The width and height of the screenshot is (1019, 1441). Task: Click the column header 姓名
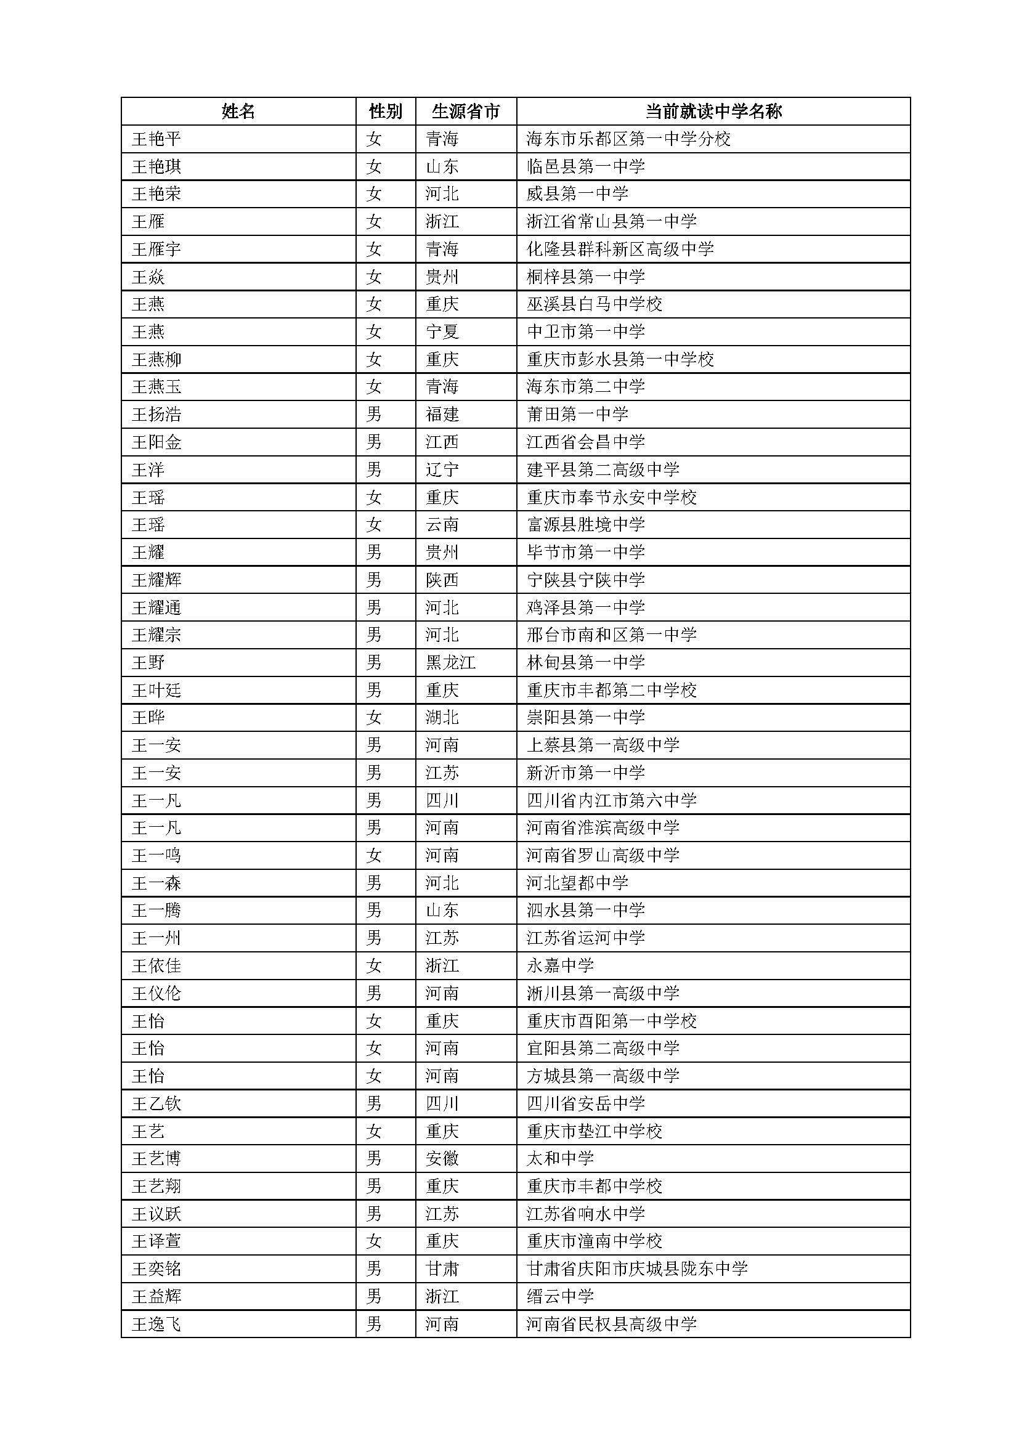[x=238, y=112]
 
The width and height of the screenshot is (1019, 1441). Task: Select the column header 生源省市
[x=466, y=112]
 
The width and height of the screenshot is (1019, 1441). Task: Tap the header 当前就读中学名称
[x=713, y=112]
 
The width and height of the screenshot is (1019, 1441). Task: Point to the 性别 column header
[x=385, y=112]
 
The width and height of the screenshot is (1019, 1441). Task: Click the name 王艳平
[x=156, y=139]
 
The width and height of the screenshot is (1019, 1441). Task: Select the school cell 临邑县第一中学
[x=585, y=166]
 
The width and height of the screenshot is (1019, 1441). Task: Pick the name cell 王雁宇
[x=156, y=249]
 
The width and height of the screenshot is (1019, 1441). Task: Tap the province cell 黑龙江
[x=450, y=663]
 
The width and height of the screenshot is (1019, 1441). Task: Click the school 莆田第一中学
[x=577, y=414]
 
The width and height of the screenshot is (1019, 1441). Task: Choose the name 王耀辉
[x=156, y=580]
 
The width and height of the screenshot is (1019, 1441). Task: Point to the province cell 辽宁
[x=442, y=469]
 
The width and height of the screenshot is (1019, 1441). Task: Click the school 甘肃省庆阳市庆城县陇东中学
[x=637, y=1269]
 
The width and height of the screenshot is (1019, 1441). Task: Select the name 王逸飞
[x=156, y=1325]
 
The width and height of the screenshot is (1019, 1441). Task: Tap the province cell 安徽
[x=442, y=1159]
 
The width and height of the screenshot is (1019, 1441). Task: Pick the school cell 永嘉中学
[x=559, y=965]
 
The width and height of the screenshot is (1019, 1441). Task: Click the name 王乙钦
[x=156, y=1103]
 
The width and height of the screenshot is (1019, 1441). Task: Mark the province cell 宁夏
[x=442, y=331]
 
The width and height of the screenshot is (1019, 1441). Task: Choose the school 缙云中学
[x=559, y=1297]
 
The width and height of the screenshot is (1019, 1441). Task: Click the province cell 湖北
[x=442, y=717]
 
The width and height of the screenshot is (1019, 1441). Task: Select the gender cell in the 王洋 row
[x=374, y=469]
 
